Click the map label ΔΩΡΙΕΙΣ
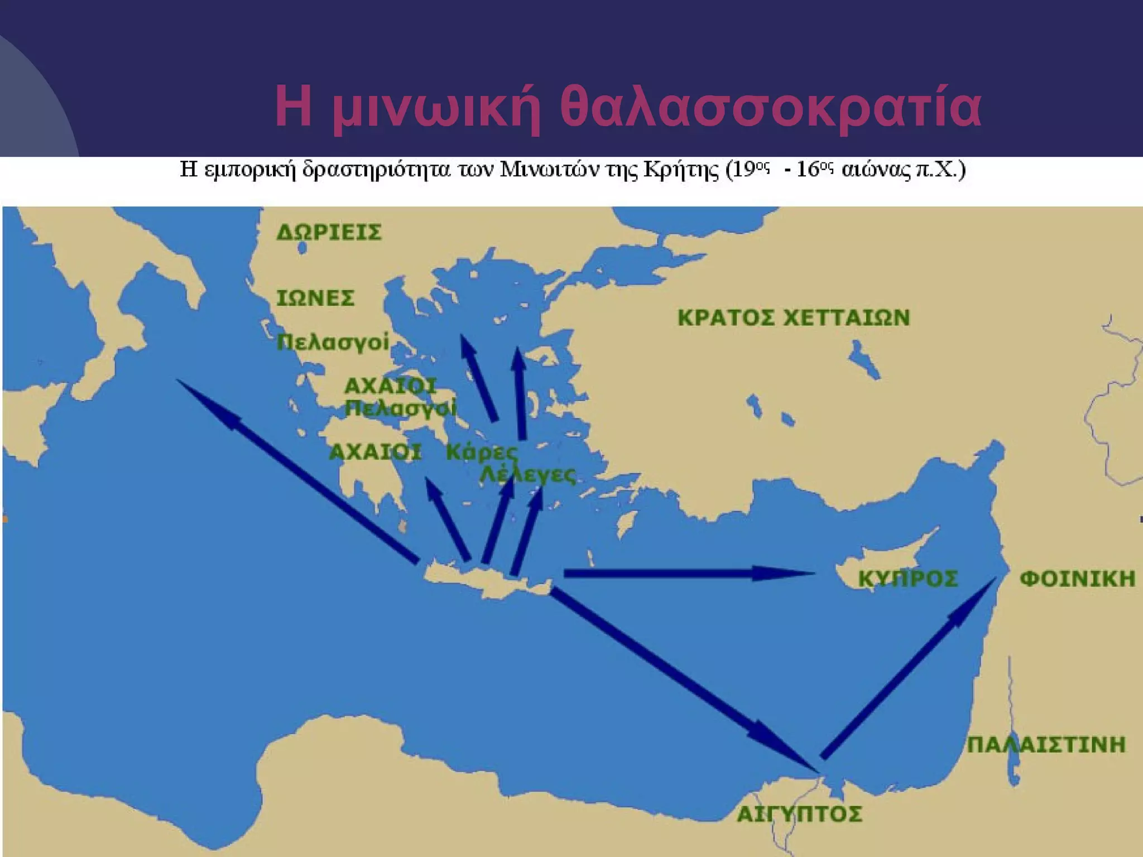pyautogui.click(x=329, y=232)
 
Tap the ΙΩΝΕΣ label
pyautogui.click(x=315, y=298)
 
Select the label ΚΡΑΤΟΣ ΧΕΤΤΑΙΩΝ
pyautogui.click(x=793, y=317)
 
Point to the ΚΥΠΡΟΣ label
pyautogui.click(x=907, y=579)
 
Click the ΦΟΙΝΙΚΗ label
pyautogui.click(x=1077, y=579)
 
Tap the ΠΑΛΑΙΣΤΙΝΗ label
pyautogui.click(x=1046, y=745)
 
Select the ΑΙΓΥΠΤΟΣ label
pyautogui.click(x=799, y=814)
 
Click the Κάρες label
pyautogui.click(x=482, y=452)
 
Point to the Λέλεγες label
pyautogui.click(x=528, y=475)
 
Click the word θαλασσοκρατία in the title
pyautogui.click(x=770, y=107)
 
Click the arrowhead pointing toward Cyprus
pyautogui.click(x=781, y=573)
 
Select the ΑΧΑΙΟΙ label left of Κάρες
pyautogui.click(x=375, y=452)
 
